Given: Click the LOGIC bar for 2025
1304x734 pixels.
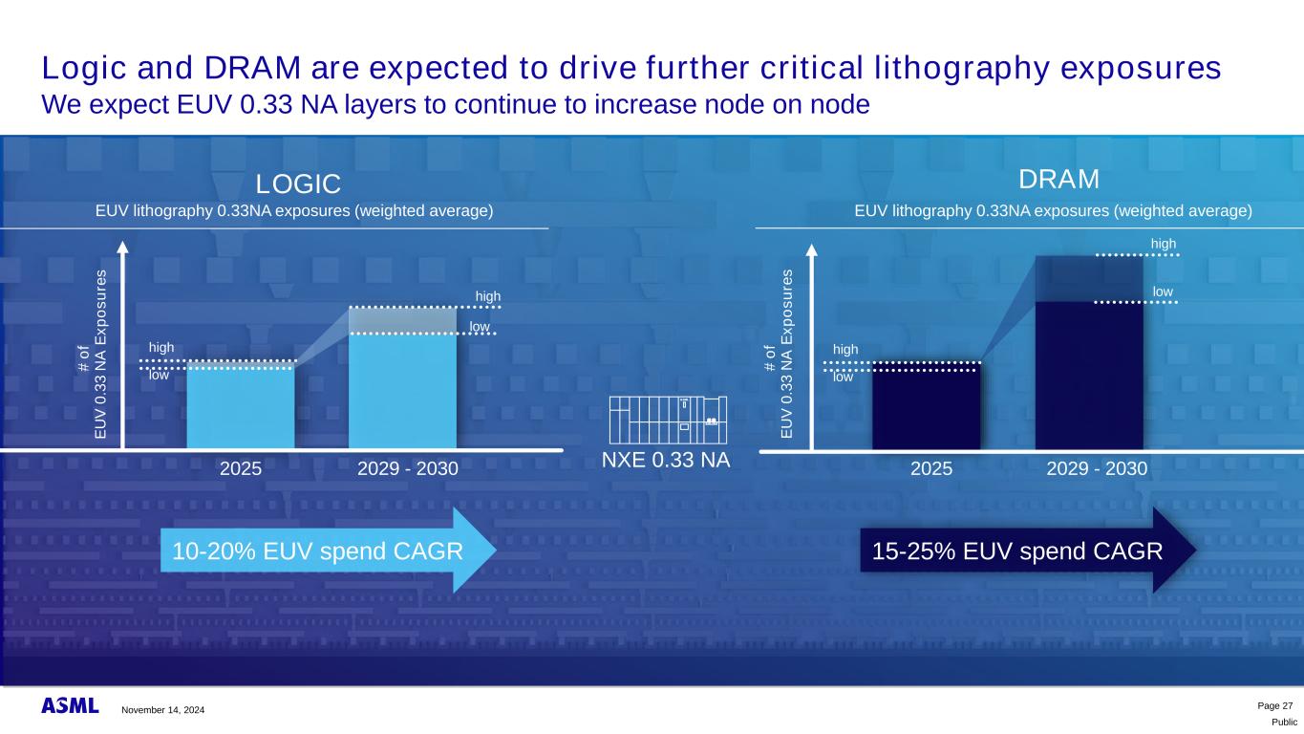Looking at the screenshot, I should coord(240,406).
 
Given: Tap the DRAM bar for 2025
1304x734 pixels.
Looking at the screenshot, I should coord(926,406).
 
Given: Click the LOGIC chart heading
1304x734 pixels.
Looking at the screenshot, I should coord(298,183).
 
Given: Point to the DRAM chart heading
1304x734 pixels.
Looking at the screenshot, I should coord(1059,180).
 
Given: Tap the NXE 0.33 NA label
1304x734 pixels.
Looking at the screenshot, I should coord(666,460).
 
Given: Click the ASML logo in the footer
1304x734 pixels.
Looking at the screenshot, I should coord(70,706).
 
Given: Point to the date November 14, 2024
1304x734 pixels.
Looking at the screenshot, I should coord(161,710).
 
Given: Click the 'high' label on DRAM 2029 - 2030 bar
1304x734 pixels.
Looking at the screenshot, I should coord(1163,244).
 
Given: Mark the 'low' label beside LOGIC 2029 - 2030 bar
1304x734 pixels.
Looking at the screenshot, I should coord(479,327).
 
